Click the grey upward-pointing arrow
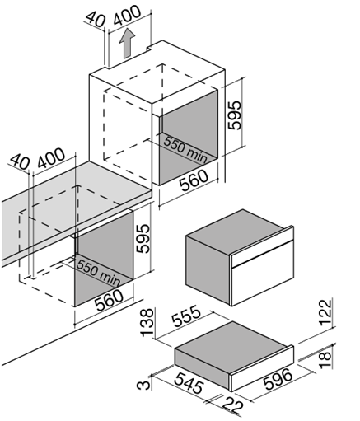[127, 44]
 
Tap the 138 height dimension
[147, 322]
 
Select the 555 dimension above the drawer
[187, 316]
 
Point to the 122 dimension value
[327, 312]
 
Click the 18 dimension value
[325, 360]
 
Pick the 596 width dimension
[278, 379]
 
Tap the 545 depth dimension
[189, 383]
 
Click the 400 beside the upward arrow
[127, 16]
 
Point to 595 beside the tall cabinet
[235, 115]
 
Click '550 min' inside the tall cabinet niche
[185, 149]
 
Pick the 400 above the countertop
[51, 158]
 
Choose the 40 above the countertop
[19, 161]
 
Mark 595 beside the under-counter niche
[143, 239]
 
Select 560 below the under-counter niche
[109, 300]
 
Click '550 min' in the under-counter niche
[98, 273]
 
